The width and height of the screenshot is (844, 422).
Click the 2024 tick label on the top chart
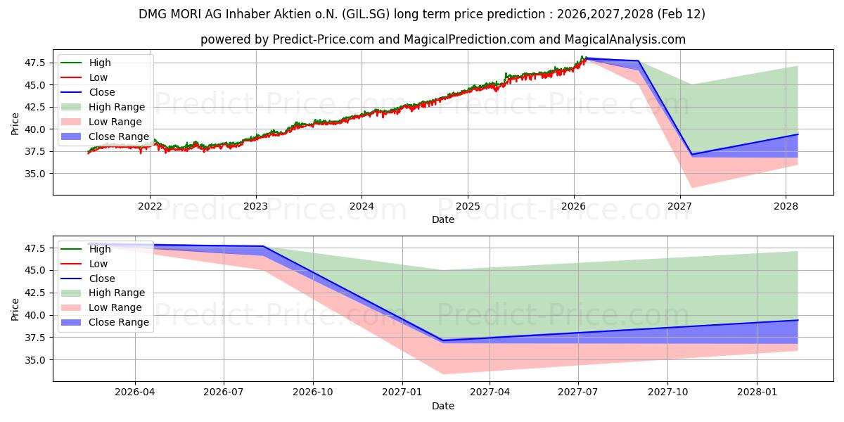(x=362, y=206)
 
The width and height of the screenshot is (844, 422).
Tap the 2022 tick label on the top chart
(x=150, y=206)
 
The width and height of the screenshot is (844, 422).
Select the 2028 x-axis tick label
(x=786, y=206)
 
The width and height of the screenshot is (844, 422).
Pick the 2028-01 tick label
(x=757, y=392)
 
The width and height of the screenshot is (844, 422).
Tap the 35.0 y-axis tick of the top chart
(x=34, y=174)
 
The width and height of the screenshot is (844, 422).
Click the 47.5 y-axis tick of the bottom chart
(x=34, y=248)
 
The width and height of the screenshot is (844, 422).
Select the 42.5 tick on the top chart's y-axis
(x=34, y=107)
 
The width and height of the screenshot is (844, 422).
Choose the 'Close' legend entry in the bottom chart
(x=102, y=279)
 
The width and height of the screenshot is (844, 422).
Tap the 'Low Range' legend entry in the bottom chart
(x=115, y=307)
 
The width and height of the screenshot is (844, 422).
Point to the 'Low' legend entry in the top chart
(x=98, y=77)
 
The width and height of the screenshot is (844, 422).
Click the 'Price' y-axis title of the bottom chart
(x=15, y=309)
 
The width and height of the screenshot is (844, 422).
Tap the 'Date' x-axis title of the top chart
(x=443, y=219)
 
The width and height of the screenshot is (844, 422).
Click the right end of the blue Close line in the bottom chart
(x=798, y=320)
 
